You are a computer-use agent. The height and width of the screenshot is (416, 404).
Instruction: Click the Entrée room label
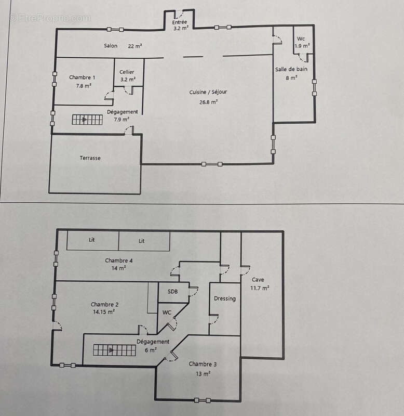coord(179,22)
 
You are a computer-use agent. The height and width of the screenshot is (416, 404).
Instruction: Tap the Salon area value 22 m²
coord(135,46)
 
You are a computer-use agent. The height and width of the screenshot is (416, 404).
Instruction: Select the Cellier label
coord(127,72)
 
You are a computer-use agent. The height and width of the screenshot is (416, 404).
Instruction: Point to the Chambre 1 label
coord(82,77)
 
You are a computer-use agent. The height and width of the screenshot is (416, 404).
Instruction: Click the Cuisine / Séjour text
coord(208,92)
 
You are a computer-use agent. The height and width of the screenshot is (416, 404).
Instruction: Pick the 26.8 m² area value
coord(208,102)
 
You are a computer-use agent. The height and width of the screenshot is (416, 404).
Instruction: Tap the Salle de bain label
coord(291,69)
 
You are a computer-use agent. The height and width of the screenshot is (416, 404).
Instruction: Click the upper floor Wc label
coord(301,38)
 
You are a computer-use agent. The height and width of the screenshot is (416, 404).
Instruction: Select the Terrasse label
coord(90,158)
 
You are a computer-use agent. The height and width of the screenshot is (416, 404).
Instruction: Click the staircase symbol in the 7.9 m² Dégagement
coord(87,120)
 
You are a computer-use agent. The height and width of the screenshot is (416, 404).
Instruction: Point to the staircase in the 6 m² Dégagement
coord(114,350)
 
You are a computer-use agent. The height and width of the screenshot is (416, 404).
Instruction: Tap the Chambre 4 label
coord(119,261)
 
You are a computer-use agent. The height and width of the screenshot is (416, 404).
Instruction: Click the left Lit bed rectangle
coord(92,240)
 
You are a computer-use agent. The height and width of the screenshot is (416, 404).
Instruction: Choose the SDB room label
coord(172,292)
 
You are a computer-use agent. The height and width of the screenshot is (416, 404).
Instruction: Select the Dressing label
coord(225,298)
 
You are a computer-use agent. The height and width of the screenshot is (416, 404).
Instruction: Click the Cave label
coord(258,280)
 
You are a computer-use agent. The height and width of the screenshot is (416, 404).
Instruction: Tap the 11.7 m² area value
coord(260,288)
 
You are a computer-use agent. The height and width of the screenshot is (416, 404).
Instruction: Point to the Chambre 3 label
coord(203,364)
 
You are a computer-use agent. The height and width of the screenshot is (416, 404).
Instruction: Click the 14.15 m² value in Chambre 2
coord(103,311)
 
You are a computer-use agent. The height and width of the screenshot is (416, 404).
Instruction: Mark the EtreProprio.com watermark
coord(50,18)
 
